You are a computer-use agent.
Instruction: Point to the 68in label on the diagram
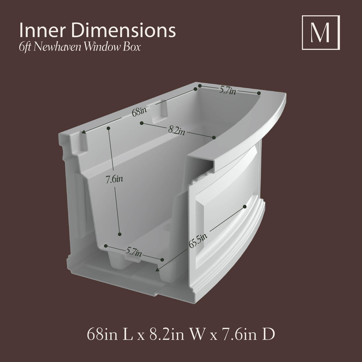click(x=139, y=113)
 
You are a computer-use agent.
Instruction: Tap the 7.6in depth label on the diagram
click(x=114, y=179)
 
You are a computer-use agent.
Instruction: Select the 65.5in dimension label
click(x=198, y=240)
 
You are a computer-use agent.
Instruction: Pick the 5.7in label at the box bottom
click(x=133, y=252)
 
